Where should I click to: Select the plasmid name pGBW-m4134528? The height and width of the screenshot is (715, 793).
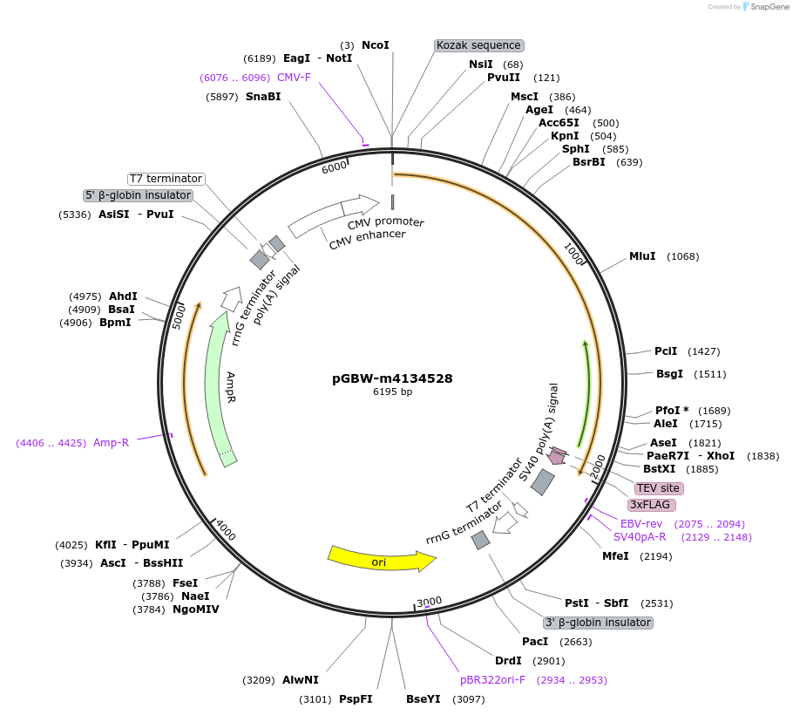point(392,378)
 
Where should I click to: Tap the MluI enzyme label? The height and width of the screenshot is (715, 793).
point(642,256)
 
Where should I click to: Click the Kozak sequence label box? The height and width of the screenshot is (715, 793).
point(478,45)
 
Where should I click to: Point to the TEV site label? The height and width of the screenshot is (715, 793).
point(658,488)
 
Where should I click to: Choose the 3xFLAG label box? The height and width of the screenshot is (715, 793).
point(652,505)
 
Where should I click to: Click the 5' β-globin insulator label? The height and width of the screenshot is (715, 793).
point(139,195)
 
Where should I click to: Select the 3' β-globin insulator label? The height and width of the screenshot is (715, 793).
point(598,623)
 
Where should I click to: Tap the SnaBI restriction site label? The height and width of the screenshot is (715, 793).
point(263,97)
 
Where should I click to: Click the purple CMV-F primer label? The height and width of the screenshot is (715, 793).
point(294,78)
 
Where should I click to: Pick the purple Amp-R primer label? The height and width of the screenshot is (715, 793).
point(111,443)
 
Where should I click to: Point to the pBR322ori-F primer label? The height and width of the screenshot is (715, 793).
point(493,680)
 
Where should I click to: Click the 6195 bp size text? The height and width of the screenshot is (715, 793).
point(392,392)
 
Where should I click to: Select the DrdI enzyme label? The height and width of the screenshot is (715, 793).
point(508,661)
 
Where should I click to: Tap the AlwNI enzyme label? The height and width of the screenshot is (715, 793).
point(301,680)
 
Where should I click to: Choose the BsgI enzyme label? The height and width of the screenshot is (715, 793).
point(669,374)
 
